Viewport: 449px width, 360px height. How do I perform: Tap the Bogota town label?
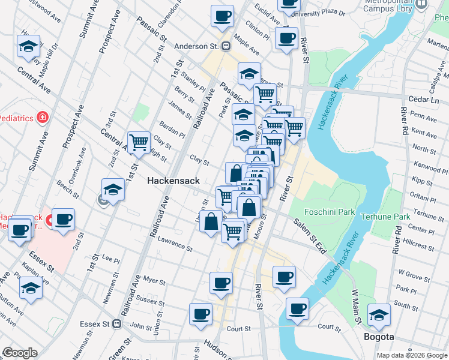click(379, 337)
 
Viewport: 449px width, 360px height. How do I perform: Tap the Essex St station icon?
click(117, 323)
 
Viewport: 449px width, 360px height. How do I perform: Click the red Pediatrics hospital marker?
click(43, 117)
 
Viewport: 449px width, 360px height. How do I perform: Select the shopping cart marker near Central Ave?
click(139, 143)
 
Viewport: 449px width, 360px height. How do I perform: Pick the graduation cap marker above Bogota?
click(379, 315)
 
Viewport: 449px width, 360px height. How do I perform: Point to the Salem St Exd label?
click(309, 235)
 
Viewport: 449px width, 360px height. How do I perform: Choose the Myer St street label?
click(154, 280)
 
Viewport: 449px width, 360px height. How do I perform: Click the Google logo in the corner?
click(20, 353)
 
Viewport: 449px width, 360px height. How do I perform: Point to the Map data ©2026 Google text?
click(411, 355)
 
